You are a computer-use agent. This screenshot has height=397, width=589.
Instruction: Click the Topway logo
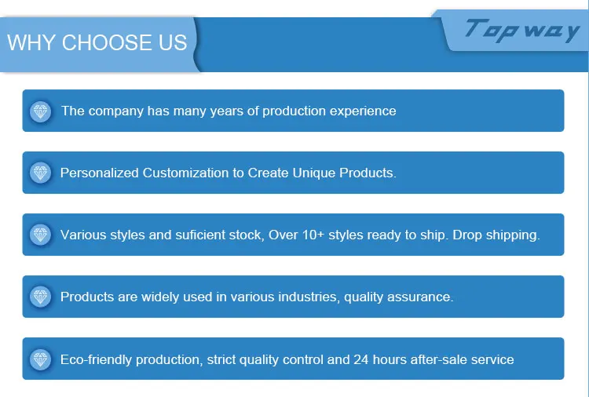click(522, 31)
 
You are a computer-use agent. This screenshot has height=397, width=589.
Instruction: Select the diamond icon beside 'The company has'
click(41, 111)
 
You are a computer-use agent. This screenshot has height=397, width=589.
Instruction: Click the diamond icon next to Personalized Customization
click(41, 173)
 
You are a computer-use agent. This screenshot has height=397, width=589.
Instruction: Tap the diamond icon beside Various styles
click(41, 235)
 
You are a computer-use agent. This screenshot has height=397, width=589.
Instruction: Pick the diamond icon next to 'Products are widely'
click(41, 297)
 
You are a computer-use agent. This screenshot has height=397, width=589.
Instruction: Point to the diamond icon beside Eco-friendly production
click(41, 359)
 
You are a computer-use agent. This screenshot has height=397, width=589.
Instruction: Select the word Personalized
click(100, 173)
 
